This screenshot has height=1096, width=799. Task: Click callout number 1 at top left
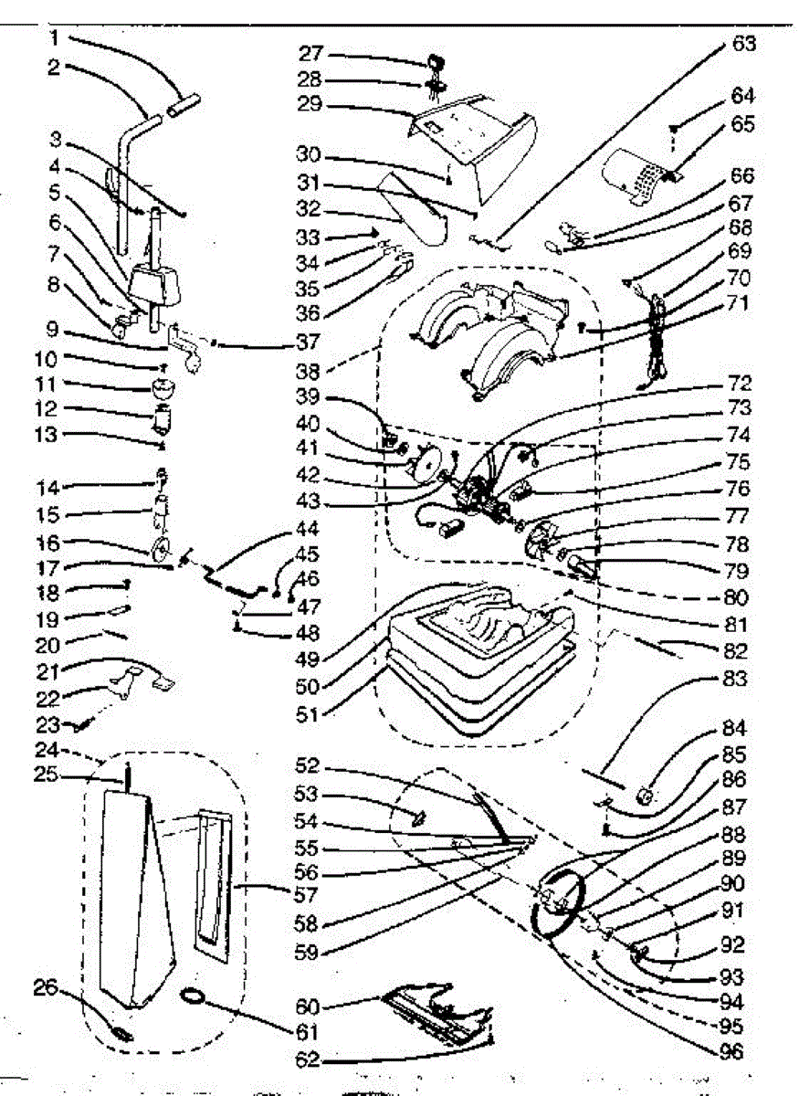coord(54,39)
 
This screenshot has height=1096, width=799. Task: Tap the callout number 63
coord(743,42)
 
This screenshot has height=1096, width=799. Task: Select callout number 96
coord(731,1050)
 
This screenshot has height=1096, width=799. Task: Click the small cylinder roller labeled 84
coord(649,796)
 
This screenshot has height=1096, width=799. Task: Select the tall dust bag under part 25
coord(132,904)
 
